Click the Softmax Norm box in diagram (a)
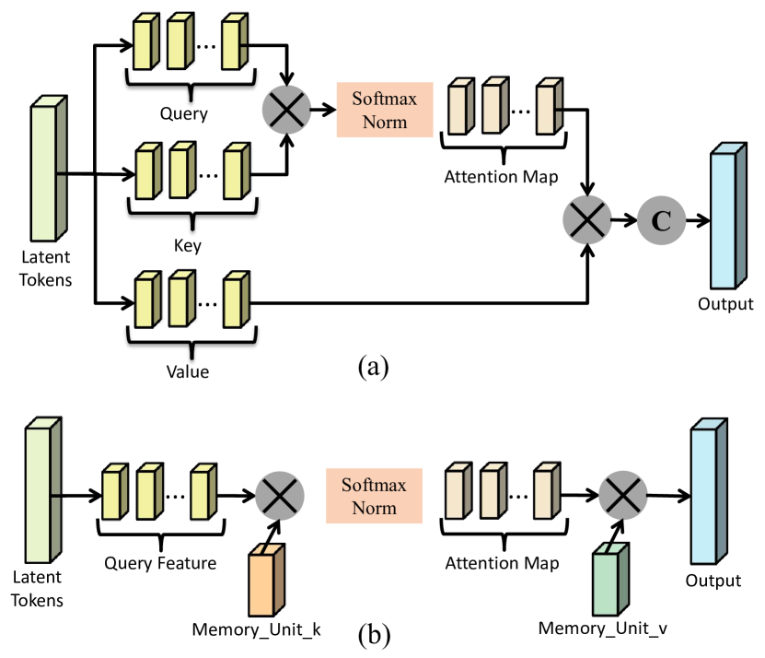click(x=385, y=110)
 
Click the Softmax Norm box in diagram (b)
click(x=374, y=496)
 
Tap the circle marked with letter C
click(x=661, y=220)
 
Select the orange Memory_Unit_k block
click(x=267, y=580)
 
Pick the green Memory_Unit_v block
click(x=610, y=579)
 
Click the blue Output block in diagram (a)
click(x=728, y=216)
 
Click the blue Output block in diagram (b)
click(x=709, y=491)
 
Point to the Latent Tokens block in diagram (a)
click(x=49, y=169)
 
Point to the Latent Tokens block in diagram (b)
click(x=43, y=490)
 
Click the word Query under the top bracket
click(x=184, y=114)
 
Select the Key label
click(x=188, y=245)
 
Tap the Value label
click(x=188, y=371)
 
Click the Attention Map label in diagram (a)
click(x=501, y=176)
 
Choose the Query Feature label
click(x=160, y=563)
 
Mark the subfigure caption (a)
click(x=373, y=366)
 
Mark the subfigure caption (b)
click(x=374, y=636)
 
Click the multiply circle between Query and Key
click(x=286, y=110)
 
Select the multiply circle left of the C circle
click(x=587, y=220)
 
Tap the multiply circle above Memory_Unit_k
click(x=280, y=496)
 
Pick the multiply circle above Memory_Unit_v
click(x=623, y=495)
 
